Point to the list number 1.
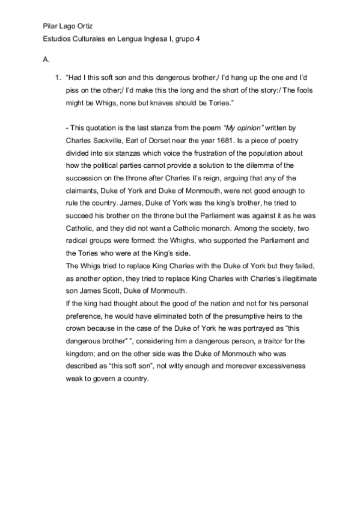[58, 78]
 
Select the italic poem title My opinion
[244, 128]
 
